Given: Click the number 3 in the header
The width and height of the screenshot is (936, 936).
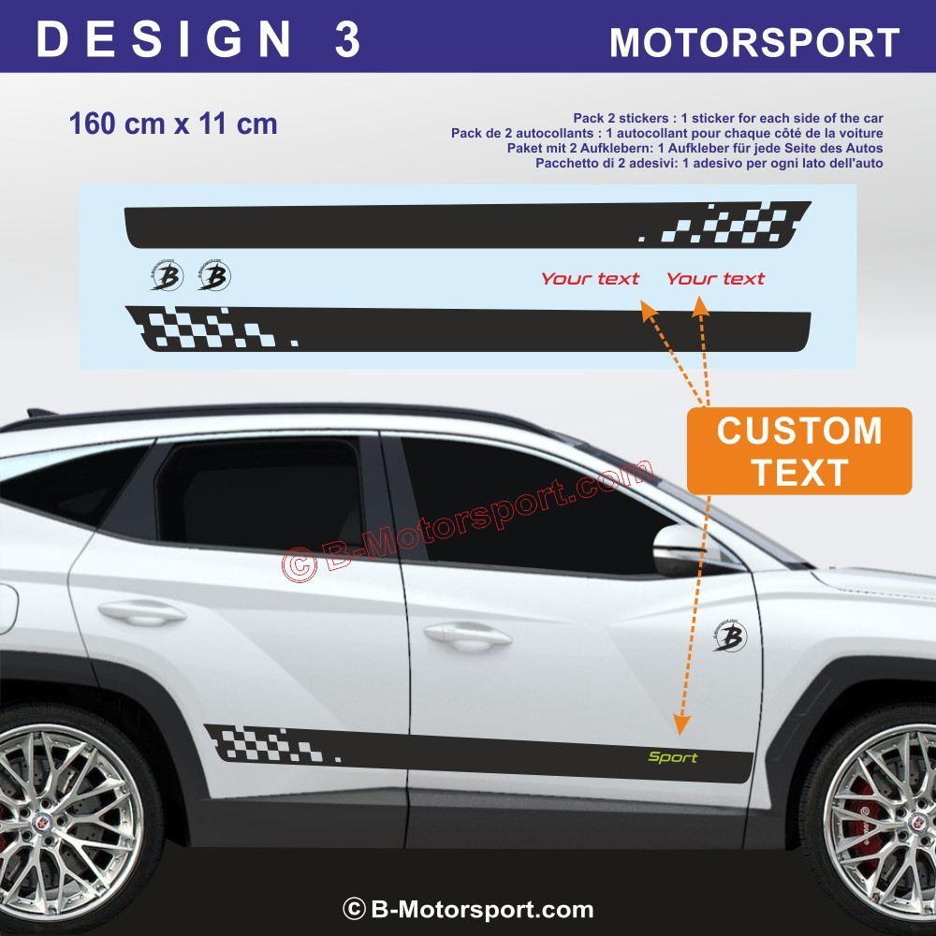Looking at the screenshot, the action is (x=347, y=39).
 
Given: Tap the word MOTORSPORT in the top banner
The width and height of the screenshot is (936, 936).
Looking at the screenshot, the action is (x=754, y=42).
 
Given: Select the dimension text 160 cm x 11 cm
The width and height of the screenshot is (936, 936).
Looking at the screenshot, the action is (x=173, y=124).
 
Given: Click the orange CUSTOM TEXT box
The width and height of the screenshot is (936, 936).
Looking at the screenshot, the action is (x=799, y=451).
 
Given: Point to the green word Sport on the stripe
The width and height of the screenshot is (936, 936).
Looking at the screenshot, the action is (x=673, y=757).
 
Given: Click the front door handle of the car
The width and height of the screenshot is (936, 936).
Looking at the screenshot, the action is (x=467, y=635).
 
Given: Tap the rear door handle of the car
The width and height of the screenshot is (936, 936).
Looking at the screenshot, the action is (x=142, y=612).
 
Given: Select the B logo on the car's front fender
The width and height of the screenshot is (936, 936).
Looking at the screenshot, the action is (x=730, y=636).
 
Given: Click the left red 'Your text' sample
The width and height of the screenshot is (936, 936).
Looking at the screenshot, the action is (x=590, y=278).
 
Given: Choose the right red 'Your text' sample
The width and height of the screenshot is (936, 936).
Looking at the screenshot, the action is (x=715, y=278).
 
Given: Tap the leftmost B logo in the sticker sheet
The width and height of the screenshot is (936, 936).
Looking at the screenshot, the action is (x=167, y=276).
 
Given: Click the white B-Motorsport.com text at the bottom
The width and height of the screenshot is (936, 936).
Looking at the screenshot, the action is (x=468, y=909).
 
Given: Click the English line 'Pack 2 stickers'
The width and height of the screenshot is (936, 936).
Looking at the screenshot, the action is (x=727, y=118).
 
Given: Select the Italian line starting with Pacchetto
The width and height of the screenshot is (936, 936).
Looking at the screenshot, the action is (x=709, y=163).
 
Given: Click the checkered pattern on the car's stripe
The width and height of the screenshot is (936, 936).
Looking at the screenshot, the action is (x=271, y=744).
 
